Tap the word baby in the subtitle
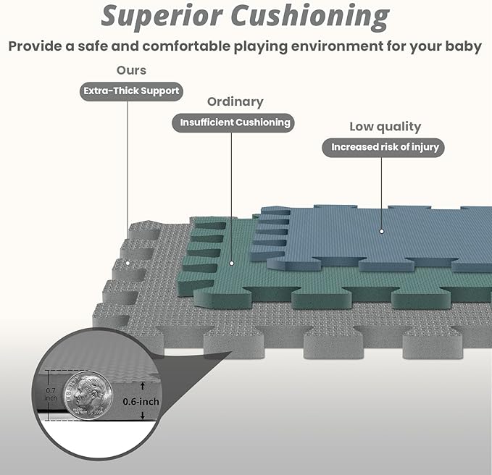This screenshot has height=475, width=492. click(464, 46)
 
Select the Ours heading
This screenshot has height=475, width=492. click(131, 70)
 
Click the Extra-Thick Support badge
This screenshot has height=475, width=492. click(130, 91)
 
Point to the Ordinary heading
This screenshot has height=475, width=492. click(235, 101)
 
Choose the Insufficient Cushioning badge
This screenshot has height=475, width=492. click(233, 122)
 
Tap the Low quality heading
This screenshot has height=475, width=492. click(385, 126)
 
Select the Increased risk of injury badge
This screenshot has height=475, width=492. click(385, 147)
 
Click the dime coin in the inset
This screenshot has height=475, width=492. click(85, 395)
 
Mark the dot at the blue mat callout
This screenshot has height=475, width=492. click(382, 232)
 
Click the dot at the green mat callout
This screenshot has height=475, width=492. click(232, 264)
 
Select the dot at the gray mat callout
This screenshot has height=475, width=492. click(128, 262)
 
